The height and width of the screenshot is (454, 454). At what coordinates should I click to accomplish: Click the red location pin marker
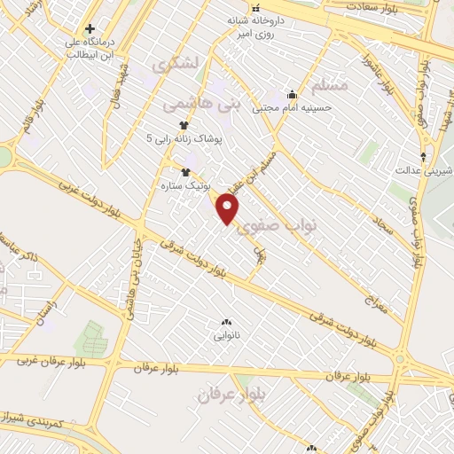pos(228,209)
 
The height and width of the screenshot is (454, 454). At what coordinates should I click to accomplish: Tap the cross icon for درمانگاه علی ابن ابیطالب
pos(90,29)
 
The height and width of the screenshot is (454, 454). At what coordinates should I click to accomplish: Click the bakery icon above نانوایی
pos(225,322)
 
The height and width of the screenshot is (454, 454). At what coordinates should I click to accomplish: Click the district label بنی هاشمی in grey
pos(201,103)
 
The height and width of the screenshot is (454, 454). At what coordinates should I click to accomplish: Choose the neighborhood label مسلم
pos(330,85)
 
